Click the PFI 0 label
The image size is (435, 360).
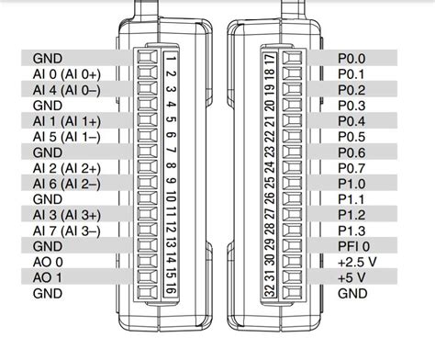pyautogui.click(x=353, y=245)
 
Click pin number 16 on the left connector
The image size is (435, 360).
pyautogui.click(x=171, y=290)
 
